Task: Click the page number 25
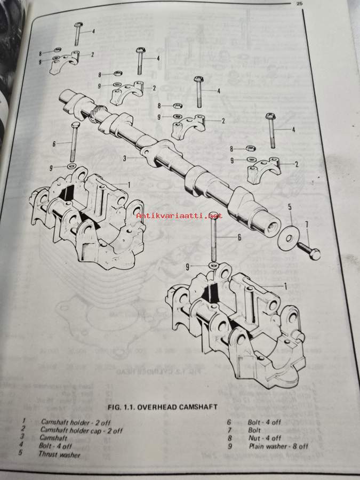click(299, 4)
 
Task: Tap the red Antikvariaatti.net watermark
click(179, 215)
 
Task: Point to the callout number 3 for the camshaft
click(125, 158)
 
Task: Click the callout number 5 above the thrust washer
click(290, 207)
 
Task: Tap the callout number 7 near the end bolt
click(307, 225)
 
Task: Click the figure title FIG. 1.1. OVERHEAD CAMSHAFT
click(163, 407)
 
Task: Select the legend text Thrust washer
click(59, 454)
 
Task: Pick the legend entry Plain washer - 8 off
click(278, 446)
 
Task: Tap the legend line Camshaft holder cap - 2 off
click(81, 430)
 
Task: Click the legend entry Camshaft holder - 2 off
click(76, 422)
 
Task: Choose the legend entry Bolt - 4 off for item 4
click(55, 445)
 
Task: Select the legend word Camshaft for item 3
click(53, 438)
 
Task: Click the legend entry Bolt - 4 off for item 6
click(264, 422)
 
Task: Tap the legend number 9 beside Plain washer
click(230, 446)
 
